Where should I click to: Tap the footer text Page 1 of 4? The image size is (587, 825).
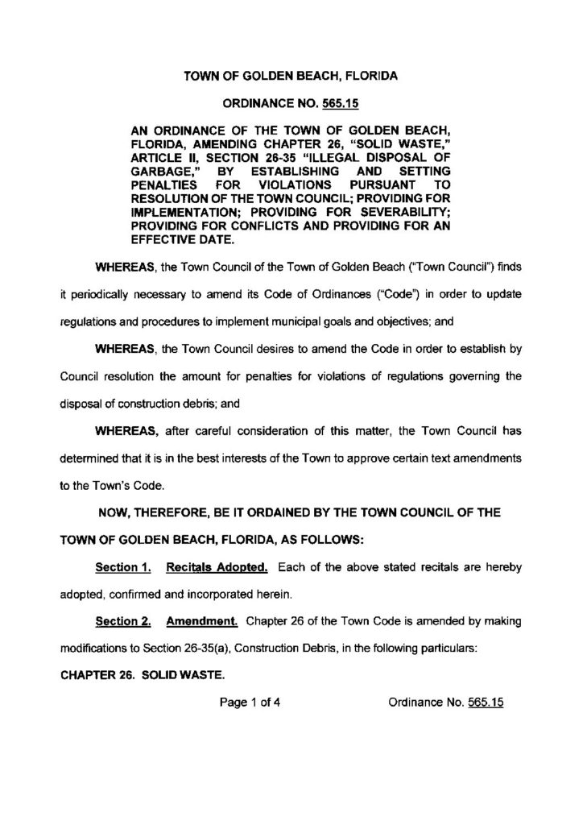250,703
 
